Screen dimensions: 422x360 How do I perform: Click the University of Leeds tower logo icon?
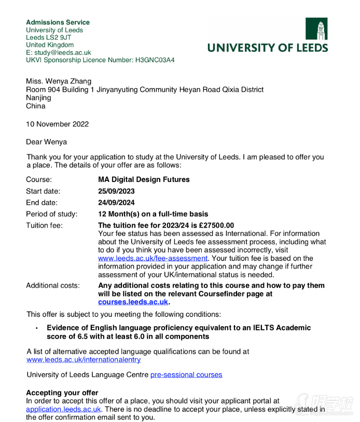click(316, 29)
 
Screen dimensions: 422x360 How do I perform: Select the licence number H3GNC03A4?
click(155, 60)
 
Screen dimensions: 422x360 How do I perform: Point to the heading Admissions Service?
click(58, 22)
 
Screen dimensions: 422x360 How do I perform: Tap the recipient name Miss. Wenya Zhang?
click(59, 81)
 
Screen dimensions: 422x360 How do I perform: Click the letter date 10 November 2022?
click(57, 124)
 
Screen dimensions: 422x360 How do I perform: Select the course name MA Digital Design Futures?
click(144, 179)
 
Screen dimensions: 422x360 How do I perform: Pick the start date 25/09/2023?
click(117, 191)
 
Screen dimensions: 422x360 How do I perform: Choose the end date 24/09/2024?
click(117, 203)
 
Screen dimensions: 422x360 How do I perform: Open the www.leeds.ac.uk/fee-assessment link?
click(153, 258)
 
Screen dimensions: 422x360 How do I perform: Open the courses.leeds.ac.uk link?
click(133, 302)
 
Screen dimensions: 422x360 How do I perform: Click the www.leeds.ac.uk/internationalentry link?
click(84, 359)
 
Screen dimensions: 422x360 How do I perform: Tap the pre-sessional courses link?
click(186, 374)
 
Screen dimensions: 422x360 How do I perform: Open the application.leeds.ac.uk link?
click(63, 409)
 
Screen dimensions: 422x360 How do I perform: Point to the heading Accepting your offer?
click(62, 392)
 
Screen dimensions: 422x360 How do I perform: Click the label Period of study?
click(51, 214)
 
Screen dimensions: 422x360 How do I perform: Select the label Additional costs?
click(53, 286)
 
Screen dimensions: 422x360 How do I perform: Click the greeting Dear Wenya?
click(46, 142)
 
